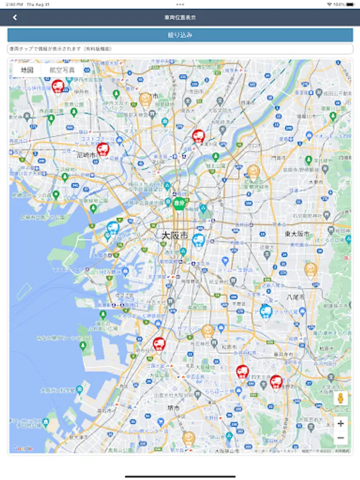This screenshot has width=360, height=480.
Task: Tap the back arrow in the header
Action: coord(15,18)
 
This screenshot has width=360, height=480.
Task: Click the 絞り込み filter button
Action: coord(180,35)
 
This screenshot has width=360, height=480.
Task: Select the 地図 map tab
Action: coord(27,70)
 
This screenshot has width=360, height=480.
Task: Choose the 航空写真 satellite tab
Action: coord(62,70)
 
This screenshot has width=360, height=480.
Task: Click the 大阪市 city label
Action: coord(174,235)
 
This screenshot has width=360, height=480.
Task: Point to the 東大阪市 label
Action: coord(297,234)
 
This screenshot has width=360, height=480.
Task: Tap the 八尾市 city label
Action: coord(295,297)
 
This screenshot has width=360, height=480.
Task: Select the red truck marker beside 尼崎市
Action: coord(103,149)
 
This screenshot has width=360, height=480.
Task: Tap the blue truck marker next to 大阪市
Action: coord(198,240)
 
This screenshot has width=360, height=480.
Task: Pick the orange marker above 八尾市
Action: coord(311,269)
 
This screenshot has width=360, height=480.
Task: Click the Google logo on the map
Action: coord(22,449)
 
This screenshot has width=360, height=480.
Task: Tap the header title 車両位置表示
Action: coord(180,18)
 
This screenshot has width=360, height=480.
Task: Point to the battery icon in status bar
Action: coord(350,4)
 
